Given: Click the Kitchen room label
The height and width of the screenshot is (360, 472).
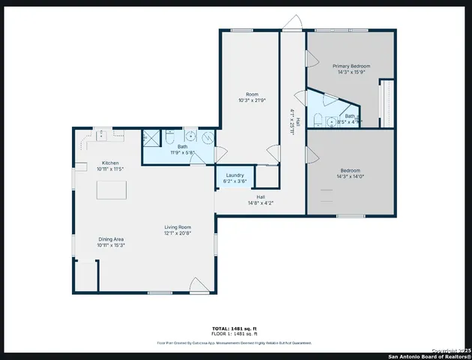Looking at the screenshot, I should click(x=109, y=163).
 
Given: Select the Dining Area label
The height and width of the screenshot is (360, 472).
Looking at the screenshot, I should click(x=110, y=239).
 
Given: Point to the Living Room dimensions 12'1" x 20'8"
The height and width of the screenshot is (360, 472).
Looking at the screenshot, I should click(x=178, y=234).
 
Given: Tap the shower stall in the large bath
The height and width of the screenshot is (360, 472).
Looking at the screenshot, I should click(x=152, y=137).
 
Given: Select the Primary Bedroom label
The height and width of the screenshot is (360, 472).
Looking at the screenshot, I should click(x=351, y=66).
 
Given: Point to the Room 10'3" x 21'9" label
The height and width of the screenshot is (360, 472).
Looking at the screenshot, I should click(x=252, y=100).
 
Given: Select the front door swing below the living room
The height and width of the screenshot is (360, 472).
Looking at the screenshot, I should click(x=199, y=285).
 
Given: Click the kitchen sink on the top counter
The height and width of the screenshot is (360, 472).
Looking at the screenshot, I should click(x=101, y=134).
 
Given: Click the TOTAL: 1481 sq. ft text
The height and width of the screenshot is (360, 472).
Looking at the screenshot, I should click(x=235, y=328).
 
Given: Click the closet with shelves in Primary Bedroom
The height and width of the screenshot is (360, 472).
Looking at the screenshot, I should click(x=386, y=103).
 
